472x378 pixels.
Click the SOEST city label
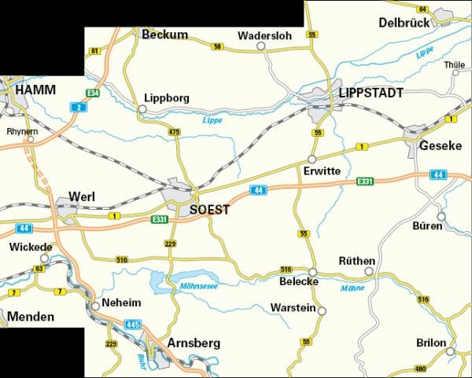210,210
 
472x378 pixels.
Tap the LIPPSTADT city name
371,94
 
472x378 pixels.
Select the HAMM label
34,91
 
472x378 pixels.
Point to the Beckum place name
164,35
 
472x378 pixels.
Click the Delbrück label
404,23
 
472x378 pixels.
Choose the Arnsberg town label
194,343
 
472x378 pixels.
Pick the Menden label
31,317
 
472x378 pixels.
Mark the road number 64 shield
422,9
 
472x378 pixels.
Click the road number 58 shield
217,47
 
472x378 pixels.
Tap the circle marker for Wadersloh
262,46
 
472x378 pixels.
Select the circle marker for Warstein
321,310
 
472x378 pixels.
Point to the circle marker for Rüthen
367,272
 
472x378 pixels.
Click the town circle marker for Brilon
452,343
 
